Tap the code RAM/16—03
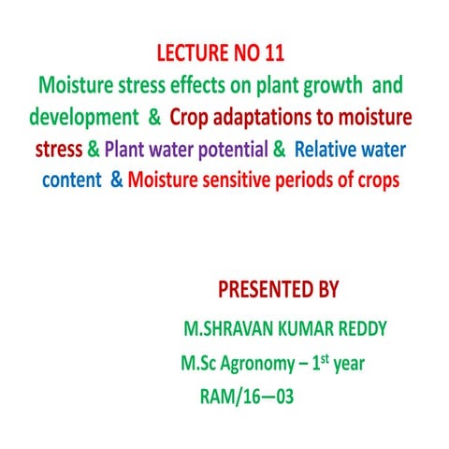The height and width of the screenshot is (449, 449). click(246, 397)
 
